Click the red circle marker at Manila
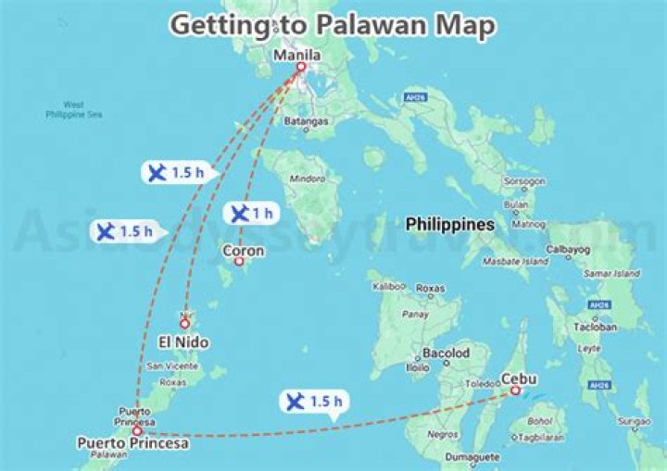pyautogui.click(x=300, y=67)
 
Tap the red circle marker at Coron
pyautogui.click(x=238, y=262)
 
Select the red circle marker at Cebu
pyautogui.click(x=514, y=390)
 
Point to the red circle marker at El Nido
pyautogui.click(x=185, y=323)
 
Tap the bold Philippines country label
pyautogui.click(x=450, y=224)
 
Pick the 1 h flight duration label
pyautogui.click(x=262, y=214)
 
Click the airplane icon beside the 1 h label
pyautogui.click(x=239, y=214)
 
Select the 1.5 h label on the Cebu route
pyautogui.click(x=325, y=402)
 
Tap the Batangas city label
pyautogui.click(x=308, y=121)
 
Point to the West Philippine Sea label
pyautogui.click(x=73, y=109)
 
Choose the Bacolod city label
pyautogui.click(x=446, y=353)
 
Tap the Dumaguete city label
pyautogui.click(x=472, y=456)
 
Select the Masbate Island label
pyautogui.click(x=514, y=262)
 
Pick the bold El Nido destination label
pyautogui.click(x=183, y=342)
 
